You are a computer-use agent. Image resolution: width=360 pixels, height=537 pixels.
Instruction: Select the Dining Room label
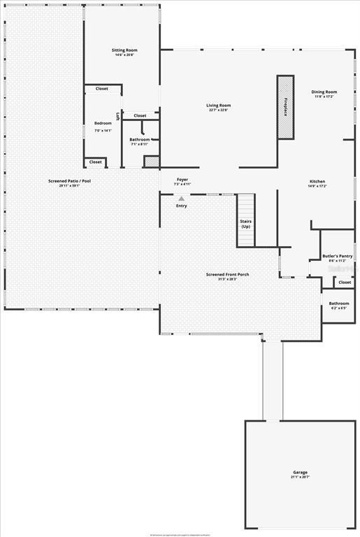pos(324,92)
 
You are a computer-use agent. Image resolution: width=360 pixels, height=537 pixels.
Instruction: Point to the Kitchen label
pos(317,182)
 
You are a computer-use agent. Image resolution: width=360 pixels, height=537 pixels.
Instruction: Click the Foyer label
pos(182,180)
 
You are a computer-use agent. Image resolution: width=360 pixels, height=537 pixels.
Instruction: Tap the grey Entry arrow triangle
pos(182,199)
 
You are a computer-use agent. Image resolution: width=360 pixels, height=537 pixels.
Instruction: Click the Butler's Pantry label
pos(337,256)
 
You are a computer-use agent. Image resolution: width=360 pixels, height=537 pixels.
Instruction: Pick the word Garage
pos(300,472)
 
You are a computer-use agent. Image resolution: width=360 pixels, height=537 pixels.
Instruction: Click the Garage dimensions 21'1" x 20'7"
pos(300,477)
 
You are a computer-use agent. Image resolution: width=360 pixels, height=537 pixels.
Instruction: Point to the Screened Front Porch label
pos(227,275)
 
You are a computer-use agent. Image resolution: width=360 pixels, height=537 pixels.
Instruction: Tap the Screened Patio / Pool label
pos(69,181)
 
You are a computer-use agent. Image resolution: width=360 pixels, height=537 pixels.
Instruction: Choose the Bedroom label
pos(103,123)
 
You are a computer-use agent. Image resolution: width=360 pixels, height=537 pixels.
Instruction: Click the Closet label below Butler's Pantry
pos(345,282)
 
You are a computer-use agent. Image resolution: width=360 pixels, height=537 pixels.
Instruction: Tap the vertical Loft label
pos(117,117)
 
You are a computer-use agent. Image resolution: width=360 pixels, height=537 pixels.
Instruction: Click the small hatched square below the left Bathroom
pos(152,162)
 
